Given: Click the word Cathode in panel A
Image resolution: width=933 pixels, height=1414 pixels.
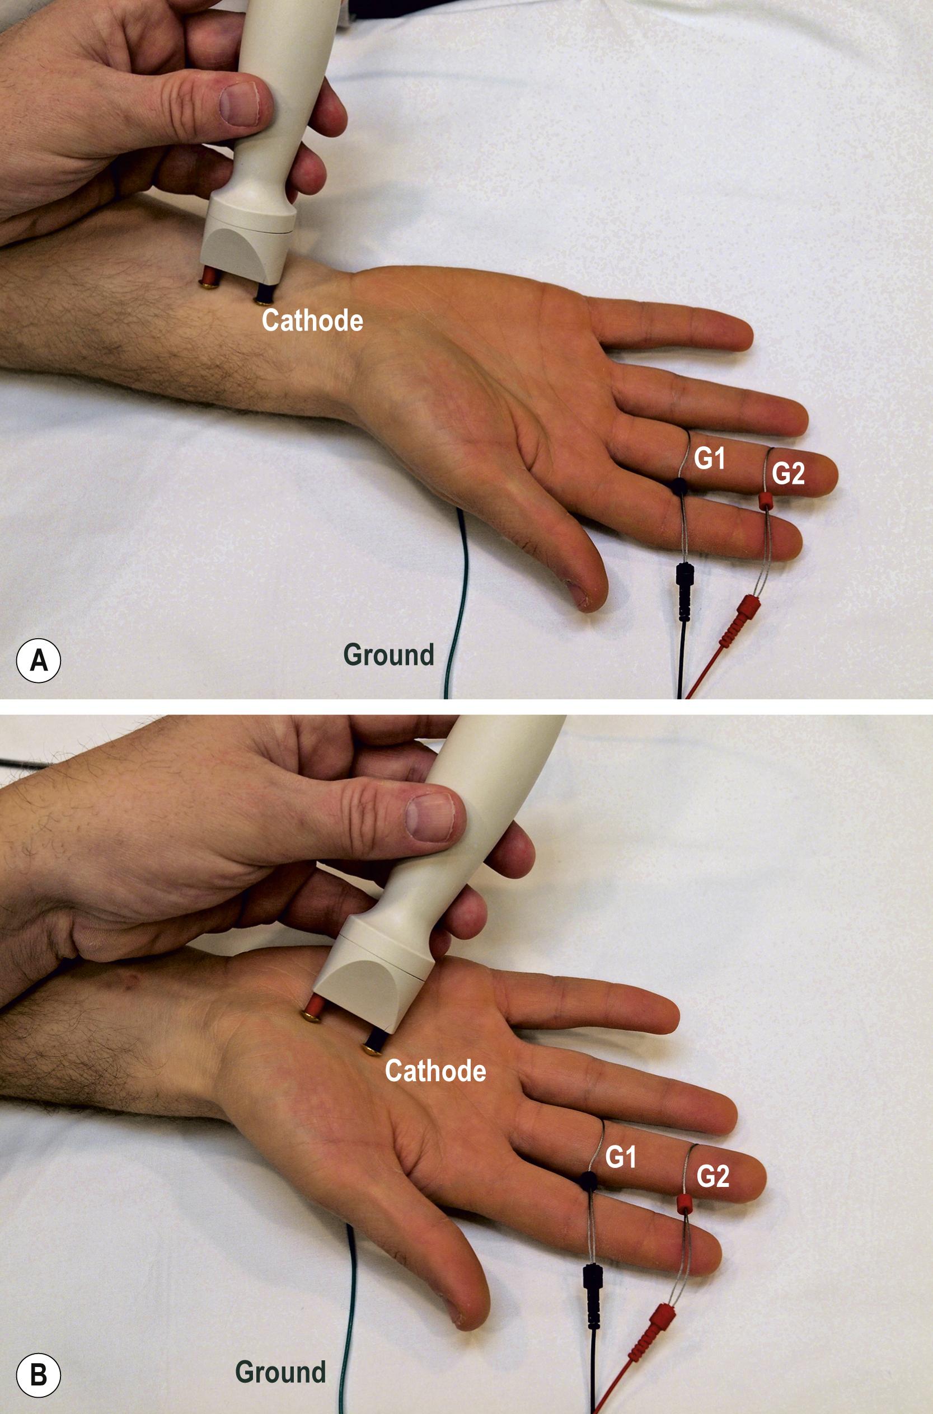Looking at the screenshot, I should [312, 320].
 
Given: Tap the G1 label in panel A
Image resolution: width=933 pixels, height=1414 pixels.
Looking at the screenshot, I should [709, 459].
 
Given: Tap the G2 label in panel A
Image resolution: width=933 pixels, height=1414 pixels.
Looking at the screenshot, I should [788, 473].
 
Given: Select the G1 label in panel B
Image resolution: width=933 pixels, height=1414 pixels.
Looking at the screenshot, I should [620, 1157].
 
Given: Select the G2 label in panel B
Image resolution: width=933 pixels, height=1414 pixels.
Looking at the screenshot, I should [712, 1176].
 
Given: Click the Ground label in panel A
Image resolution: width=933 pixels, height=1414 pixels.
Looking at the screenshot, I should [388, 654].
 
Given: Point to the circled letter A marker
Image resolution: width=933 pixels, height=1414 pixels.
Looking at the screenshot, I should [38, 659].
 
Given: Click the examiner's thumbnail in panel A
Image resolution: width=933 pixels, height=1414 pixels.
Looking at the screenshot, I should [239, 104].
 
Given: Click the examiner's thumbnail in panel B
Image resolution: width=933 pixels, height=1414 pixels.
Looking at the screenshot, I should [430, 818].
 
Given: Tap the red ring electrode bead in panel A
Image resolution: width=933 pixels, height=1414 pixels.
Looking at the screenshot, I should [765, 500].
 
